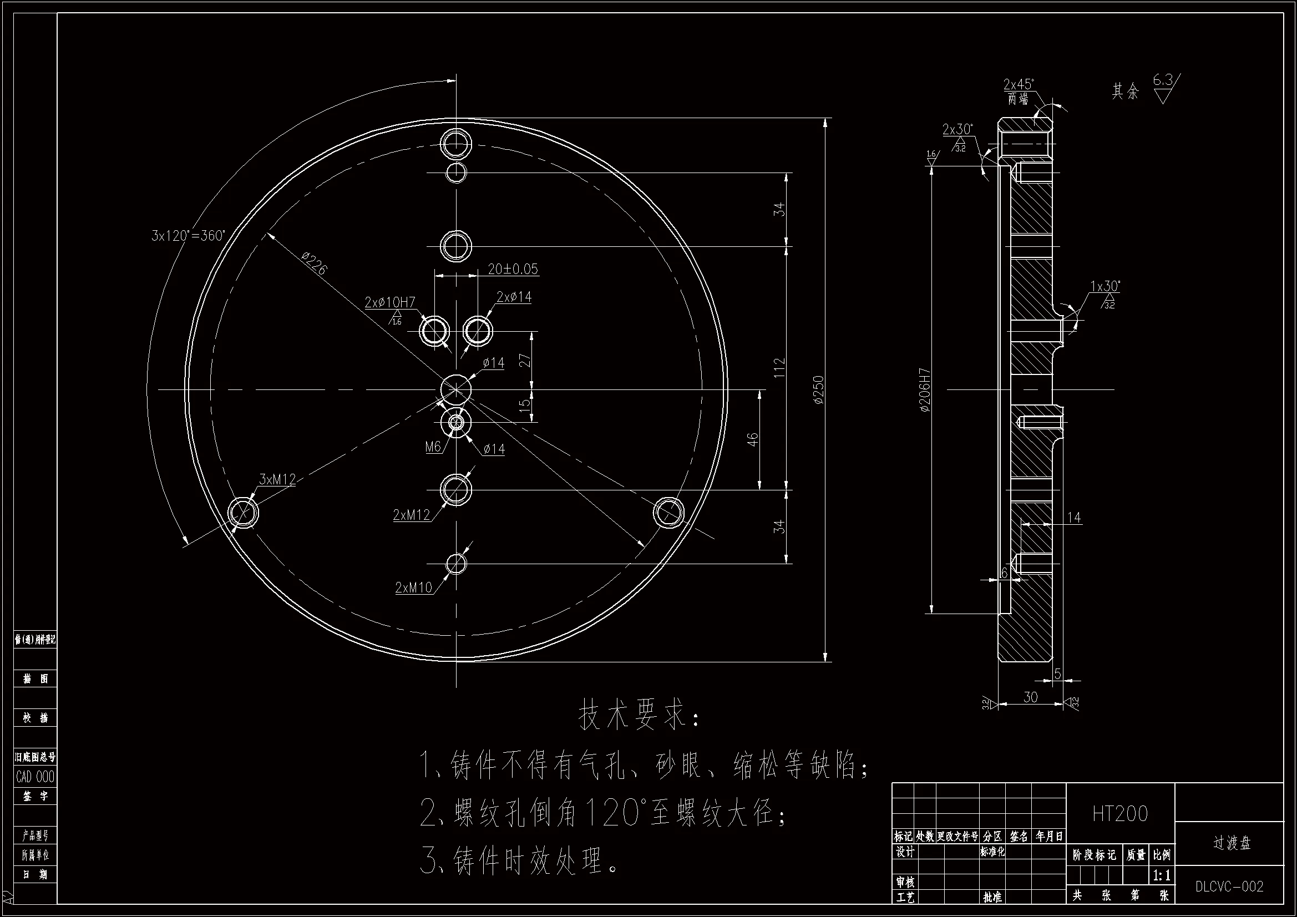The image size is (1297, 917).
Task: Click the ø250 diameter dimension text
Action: coord(819,389)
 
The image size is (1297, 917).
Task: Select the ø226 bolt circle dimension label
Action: coord(314,264)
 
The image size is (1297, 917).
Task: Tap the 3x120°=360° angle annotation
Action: coord(188,236)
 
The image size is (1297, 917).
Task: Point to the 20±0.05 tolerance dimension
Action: coord(513,269)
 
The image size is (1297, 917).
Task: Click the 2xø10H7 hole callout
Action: coord(390,302)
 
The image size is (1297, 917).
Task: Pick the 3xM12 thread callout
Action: coord(277,480)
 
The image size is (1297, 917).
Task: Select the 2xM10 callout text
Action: coord(413,587)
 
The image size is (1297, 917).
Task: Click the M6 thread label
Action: coord(433,447)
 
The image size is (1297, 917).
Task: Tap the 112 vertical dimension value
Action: coord(779,368)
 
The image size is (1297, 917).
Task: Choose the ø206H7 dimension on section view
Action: coord(925,390)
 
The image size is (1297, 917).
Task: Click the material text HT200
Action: coord(1119,814)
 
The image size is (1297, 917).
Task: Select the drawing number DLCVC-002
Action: coord(1229,886)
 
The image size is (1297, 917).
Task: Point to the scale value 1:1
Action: coord(1162,876)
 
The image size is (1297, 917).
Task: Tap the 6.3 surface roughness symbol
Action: coord(1164,88)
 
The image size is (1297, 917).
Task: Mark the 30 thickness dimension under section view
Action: coord(1030,697)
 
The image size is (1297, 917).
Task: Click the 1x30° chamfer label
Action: coord(1105,286)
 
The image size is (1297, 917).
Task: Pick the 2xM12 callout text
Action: coord(411,515)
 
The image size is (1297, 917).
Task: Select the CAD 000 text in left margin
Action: coord(35,777)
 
